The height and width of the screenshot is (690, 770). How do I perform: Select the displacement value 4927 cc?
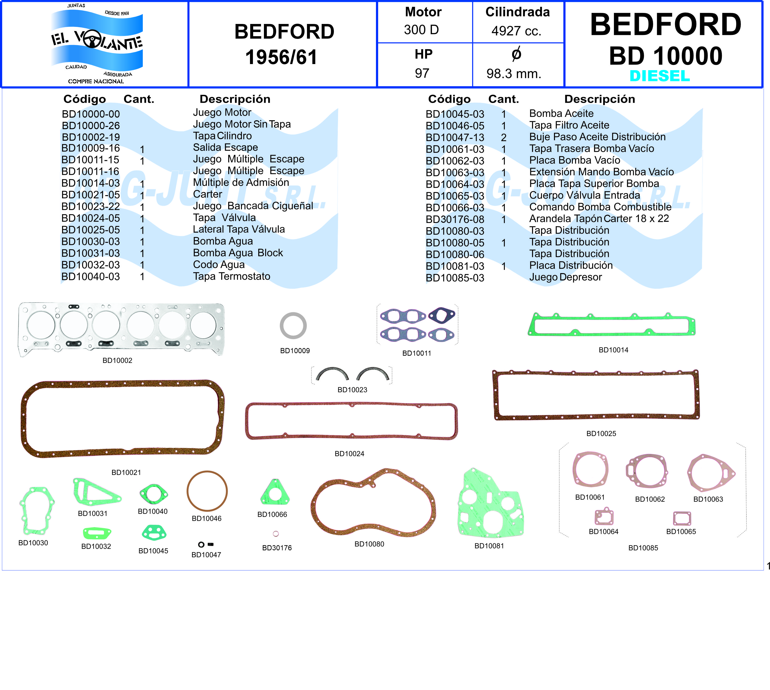tap(516, 31)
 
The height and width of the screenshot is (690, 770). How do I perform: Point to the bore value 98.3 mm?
tap(514, 74)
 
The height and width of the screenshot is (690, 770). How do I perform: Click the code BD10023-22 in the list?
tap(91, 207)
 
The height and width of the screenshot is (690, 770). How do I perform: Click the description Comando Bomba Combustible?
tap(600, 207)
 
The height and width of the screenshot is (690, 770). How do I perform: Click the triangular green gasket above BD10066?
tap(275, 493)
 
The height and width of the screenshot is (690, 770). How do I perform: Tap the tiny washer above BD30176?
tap(276, 534)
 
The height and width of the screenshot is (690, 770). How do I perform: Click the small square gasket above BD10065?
tap(682, 518)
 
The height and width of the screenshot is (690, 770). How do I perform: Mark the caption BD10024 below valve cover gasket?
tap(349, 454)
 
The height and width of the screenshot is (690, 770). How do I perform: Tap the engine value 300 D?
tap(421, 30)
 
